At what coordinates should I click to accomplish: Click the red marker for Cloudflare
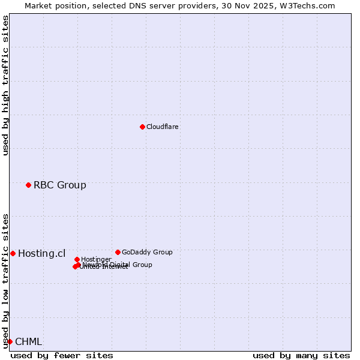click(142, 127)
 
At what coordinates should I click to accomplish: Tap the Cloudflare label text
click(163, 127)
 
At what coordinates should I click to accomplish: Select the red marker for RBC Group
click(28, 185)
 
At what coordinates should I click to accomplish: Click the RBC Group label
click(60, 185)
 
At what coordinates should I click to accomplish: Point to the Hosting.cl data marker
click(13, 253)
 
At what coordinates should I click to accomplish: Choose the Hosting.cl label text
click(42, 253)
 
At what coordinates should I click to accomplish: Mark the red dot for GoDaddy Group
click(118, 252)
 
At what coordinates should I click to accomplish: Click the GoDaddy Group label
click(147, 252)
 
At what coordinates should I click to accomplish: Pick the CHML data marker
click(10, 341)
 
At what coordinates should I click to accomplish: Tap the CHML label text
click(29, 341)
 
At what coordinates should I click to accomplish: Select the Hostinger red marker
click(77, 259)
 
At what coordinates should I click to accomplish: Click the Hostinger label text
click(96, 259)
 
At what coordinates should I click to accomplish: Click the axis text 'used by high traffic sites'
click(5, 85)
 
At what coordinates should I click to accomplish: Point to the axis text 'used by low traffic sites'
click(5, 281)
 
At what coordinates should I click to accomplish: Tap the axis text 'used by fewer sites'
click(62, 355)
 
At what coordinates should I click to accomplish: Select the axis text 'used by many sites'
click(301, 355)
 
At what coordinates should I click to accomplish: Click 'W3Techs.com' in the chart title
click(311, 5)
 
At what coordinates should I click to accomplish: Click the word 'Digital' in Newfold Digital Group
click(119, 265)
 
